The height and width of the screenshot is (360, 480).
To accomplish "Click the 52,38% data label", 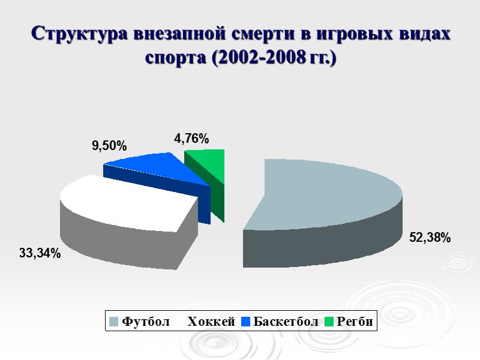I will point(430,238).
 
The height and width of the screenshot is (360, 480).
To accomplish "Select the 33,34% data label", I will point(40,254).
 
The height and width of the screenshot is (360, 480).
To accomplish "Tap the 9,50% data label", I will point(109,145).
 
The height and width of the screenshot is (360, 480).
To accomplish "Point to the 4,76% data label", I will point(191,139).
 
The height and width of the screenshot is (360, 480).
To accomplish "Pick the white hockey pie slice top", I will point(126,201).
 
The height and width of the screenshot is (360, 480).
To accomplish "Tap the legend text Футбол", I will point(146,322).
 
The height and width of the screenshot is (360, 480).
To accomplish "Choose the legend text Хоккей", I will point(211,322).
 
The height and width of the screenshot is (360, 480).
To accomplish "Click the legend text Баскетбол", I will point(286,322).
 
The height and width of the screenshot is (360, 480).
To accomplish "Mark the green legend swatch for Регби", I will point(329,322).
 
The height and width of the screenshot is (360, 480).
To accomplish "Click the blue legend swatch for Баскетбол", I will point(245,322).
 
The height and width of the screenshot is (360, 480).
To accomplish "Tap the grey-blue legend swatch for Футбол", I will point(113,322).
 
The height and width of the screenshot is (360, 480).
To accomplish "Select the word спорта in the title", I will point(174,59).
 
